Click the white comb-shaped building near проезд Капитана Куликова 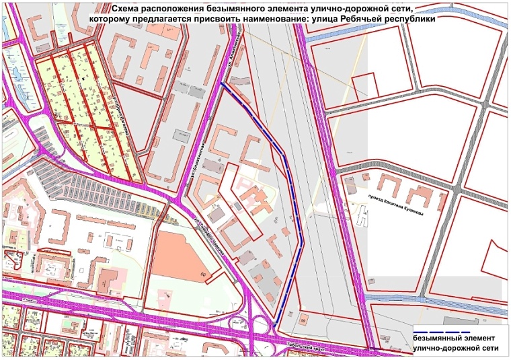[363, 217]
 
